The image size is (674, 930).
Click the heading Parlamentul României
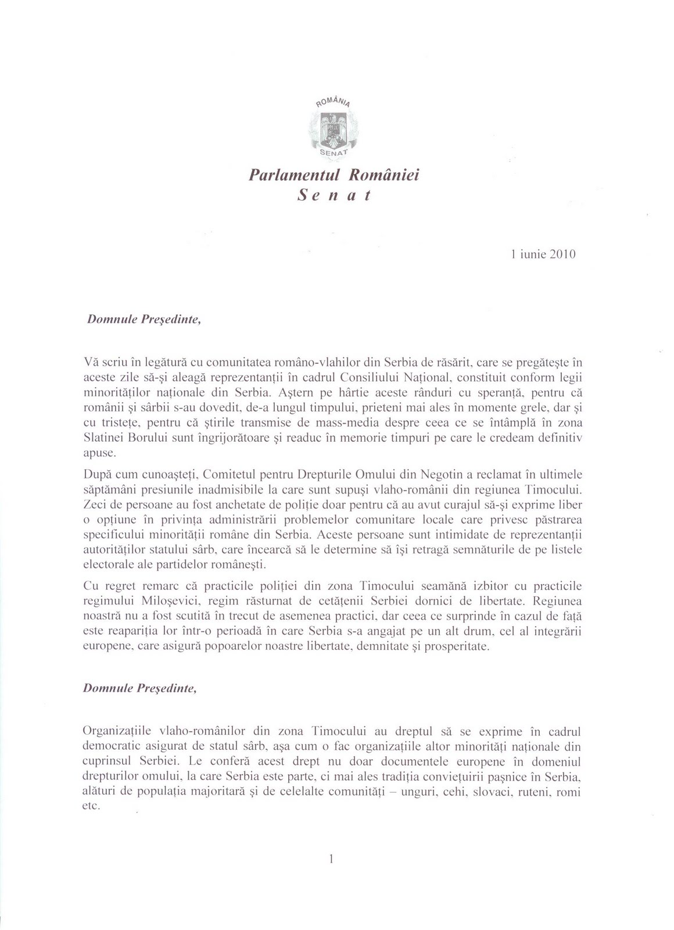[x=334, y=174]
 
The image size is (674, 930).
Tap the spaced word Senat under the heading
[x=334, y=196]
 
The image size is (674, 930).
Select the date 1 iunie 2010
[x=543, y=254]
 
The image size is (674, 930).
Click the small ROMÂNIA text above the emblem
[x=333, y=102]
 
